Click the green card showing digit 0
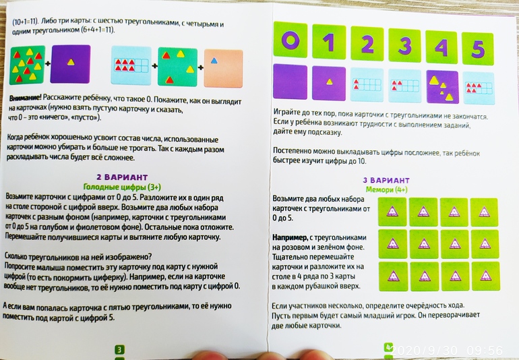(291, 39)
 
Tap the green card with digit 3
(404, 45)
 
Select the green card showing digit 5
(477, 49)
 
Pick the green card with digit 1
(329, 41)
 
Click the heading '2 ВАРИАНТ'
(122, 177)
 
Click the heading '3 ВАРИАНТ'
(386, 181)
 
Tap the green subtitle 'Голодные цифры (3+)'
(122, 187)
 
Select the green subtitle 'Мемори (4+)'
(387, 189)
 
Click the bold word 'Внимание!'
(25, 98)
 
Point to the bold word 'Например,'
(290, 237)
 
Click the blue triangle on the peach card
(214, 61)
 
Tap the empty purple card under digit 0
(291, 82)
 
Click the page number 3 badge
(119, 349)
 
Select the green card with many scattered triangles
(28, 65)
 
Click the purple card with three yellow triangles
(442, 87)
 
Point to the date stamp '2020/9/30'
(425, 351)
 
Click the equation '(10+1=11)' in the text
(26, 22)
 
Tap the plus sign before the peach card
(201, 67)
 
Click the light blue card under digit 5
(478, 88)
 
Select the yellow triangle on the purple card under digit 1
(329, 82)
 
